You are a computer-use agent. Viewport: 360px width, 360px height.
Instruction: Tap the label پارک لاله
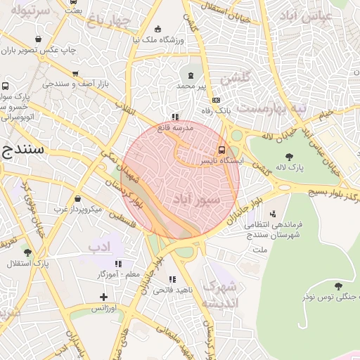[288, 168]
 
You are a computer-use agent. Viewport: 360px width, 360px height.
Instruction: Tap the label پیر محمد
[191, 85]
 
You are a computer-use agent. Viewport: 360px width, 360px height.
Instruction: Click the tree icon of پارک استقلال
[27, 252]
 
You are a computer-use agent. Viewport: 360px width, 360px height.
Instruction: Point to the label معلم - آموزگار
[117, 274]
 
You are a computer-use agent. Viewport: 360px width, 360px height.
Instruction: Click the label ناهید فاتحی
[172, 289]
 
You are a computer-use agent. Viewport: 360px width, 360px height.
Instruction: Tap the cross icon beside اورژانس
[103, 297]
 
